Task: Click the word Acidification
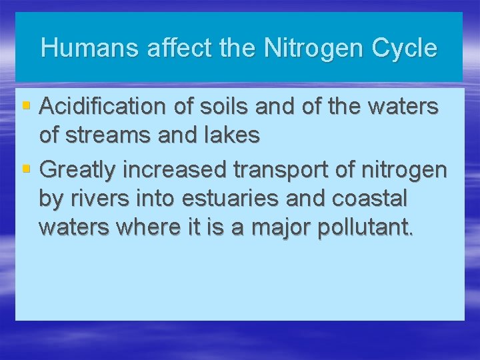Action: (103, 106)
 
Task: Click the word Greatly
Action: (78, 170)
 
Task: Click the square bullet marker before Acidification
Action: (26, 105)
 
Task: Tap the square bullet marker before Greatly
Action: (26, 169)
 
